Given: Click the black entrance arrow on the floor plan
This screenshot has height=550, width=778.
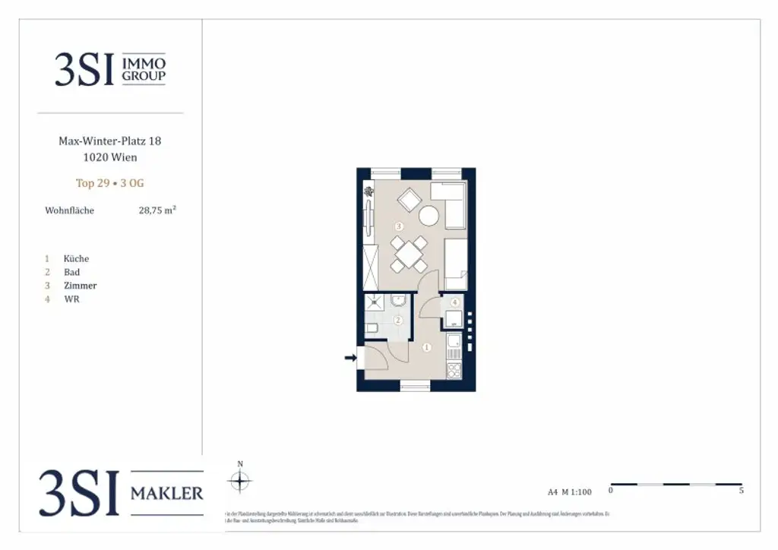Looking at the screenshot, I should (x=350, y=358).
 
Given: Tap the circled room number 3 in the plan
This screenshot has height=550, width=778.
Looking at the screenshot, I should (x=398, y=226).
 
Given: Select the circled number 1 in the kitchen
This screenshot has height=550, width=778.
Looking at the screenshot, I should (x=426, y=348).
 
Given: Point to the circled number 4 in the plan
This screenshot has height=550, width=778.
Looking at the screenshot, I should (x=454, y=302).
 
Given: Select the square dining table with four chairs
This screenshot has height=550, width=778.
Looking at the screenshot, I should (x=408, y=254).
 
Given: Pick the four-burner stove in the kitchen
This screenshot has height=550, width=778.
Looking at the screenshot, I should (x=454, y=370).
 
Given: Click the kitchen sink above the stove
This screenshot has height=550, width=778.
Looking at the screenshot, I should (x=454, y=345).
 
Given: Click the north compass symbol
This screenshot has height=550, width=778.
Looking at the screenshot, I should (x=240, y=480).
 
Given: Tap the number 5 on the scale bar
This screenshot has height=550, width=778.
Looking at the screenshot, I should (x=741, y=491).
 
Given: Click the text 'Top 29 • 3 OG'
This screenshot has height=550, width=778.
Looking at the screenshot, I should (x=109, y=183).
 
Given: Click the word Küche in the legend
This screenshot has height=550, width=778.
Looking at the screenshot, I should (x=76, y=258).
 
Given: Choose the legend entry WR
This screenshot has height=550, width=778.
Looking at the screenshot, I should (x=71, y=299).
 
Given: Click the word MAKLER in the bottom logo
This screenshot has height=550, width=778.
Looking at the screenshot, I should (x=167, y=494).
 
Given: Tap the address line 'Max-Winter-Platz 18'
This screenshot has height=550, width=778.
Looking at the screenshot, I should (x=109, y=141).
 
